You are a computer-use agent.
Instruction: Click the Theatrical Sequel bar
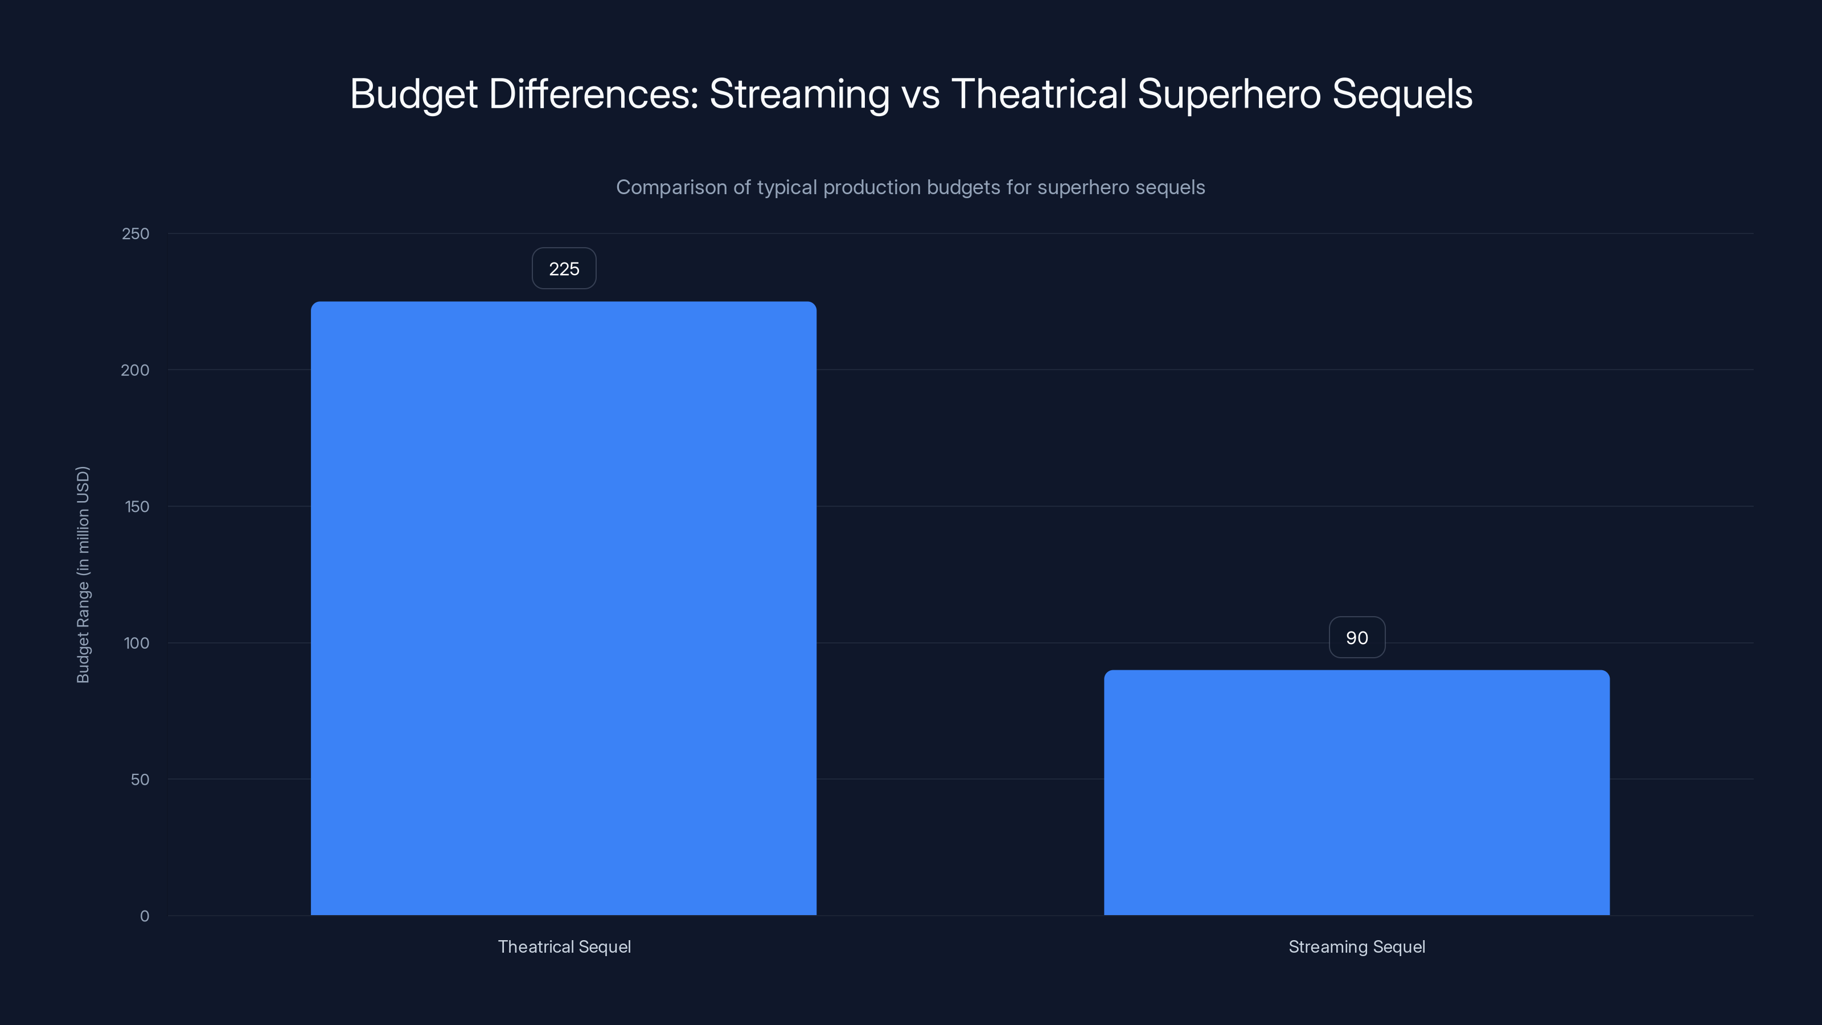564,608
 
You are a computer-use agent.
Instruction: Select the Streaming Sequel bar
1357,792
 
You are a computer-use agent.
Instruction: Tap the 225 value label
564,269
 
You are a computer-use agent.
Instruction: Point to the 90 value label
1357,638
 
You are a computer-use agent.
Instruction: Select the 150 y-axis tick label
137,506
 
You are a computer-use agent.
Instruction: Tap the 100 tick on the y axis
137,643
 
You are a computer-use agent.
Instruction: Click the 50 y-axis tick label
140,780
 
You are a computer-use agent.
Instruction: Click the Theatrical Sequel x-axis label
564,946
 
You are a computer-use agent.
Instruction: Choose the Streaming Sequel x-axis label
1357,946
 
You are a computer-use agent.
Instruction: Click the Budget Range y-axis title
83,575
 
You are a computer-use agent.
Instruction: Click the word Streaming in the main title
799,94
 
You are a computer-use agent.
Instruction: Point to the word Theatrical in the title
1039,94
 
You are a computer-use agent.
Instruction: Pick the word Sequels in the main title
1402,94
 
